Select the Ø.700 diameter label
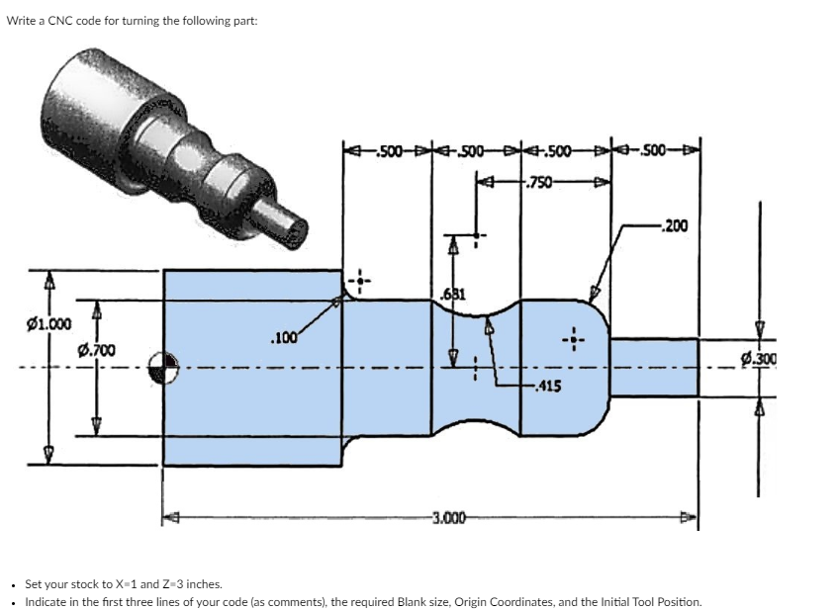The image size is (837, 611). (x=96, y=349)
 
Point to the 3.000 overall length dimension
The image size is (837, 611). (x=451, y=516)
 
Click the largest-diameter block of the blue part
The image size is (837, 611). (x=252, y=368)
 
